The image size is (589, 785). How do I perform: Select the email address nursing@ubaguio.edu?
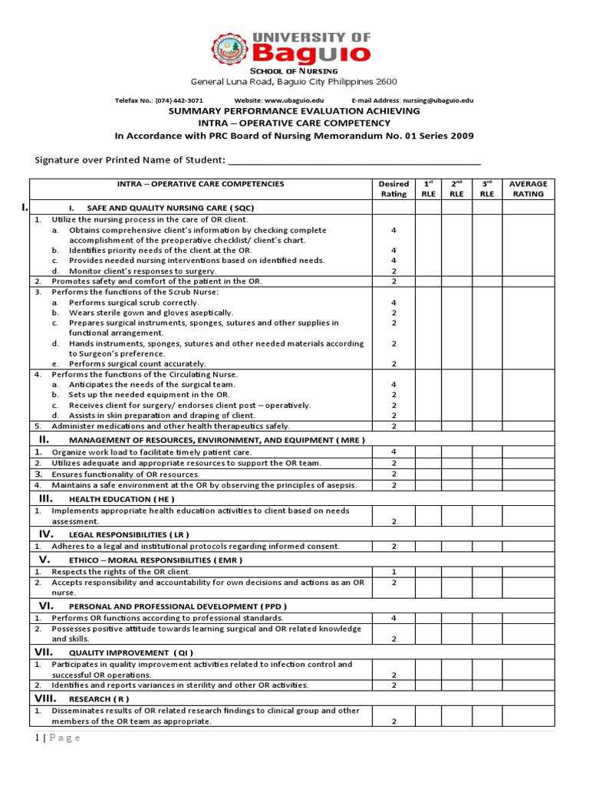pyautogui.click(x=433, y=100)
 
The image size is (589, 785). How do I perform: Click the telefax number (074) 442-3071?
pyautogui.click(x=181, y=100)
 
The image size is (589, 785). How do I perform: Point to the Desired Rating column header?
pyautogui.click(x=393, y=189)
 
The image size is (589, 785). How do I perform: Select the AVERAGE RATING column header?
pyautogui.click(x=528, y=189)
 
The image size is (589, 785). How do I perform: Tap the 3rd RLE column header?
pyautogui.click(x=487, y=189)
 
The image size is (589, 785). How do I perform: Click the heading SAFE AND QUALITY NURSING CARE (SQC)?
pyautogui.click(x=170, y=209)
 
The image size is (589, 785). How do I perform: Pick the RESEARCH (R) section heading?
pyautogui.click(x=99, y=699)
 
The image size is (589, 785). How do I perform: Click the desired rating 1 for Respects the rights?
pyautogui.click(x=393, y=572)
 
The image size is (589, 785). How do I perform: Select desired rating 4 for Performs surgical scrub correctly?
pyautogui.click(x=393, y=303)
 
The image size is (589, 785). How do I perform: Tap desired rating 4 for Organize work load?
pyautogui.click(x=393, y=452)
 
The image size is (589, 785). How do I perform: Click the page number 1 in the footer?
pyautogui.click(x=35, y=737)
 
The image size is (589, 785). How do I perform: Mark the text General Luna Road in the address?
pyautogui.click(x=222, y=82)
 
